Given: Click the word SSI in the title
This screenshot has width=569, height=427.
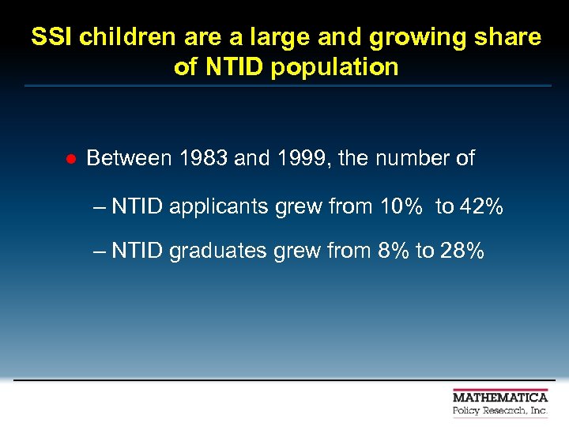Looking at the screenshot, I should [x=52, y=37].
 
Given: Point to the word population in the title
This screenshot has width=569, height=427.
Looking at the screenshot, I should [x=334, y=67].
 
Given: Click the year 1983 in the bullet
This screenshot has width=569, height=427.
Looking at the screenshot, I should [x=204, y=158].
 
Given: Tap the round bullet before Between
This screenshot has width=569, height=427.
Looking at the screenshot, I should [x=70, y=159].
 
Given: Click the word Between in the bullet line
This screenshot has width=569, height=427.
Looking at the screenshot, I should [x=129, y=158].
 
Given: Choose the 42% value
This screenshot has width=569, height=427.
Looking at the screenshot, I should [x=481, y=207].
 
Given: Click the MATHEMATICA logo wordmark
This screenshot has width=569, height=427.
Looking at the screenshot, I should [x=500, y=397].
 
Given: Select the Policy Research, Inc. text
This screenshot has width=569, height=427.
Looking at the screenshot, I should [x=500, y=411].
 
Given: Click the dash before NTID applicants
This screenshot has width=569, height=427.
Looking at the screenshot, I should [x=99, y=208].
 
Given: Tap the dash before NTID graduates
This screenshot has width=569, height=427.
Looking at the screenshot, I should [x=99, y=251].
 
